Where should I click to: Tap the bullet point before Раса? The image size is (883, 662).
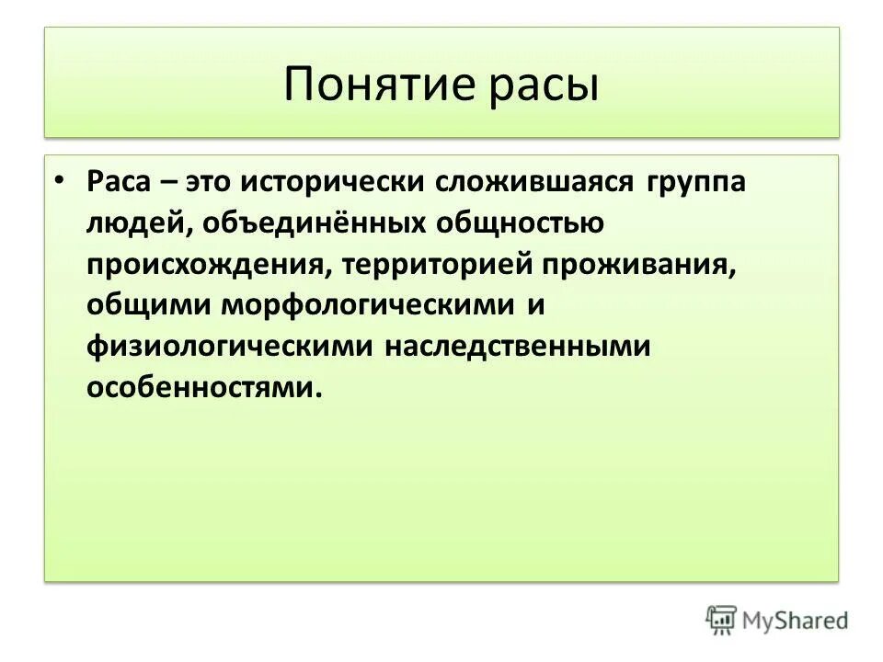pos(59,180)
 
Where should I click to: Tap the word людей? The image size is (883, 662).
pos(139,223)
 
